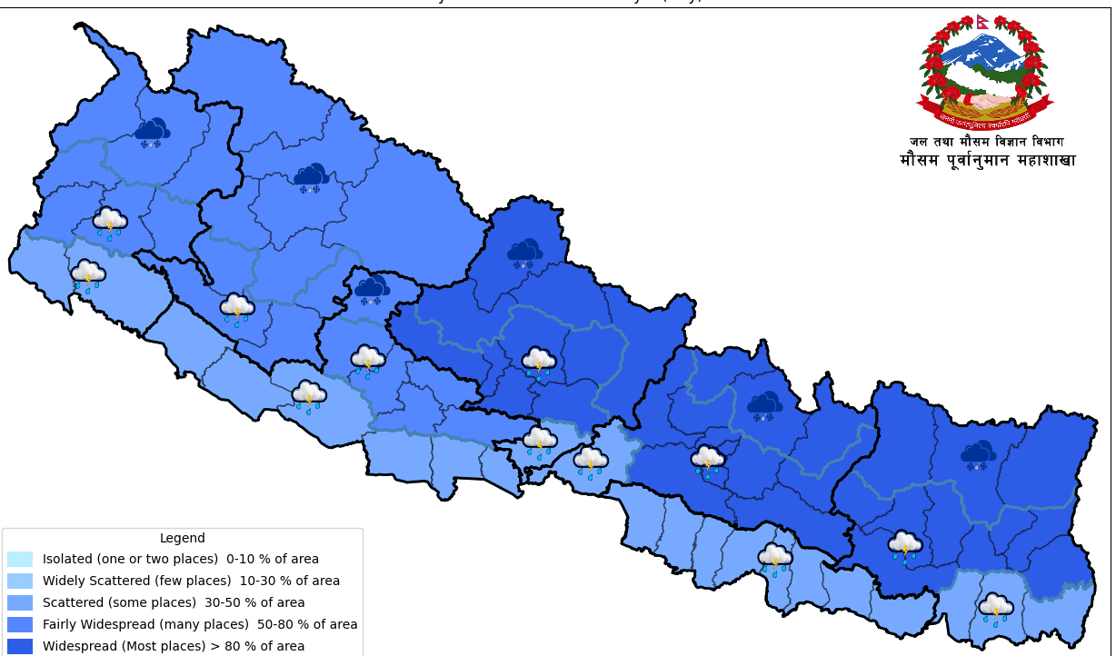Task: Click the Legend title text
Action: point(182,538)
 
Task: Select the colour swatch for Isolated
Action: point(20,559)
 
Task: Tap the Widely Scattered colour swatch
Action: point(20,581)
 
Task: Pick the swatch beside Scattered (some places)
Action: point(20,602)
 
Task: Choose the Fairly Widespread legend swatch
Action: point(20,624)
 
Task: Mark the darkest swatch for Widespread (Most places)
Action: point(20,646)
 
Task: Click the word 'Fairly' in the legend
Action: point(60,624)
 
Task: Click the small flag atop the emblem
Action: point(982,21)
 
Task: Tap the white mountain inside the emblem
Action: point(982,55)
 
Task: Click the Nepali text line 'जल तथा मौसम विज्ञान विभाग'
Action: point(986,142)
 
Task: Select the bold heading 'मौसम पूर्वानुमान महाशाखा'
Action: point(987,161)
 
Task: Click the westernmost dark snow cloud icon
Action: point(152,133)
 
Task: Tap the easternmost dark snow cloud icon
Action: point(978,454)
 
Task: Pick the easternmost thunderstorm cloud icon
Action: point(995,608)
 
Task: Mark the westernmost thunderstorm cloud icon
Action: point(88,274)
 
